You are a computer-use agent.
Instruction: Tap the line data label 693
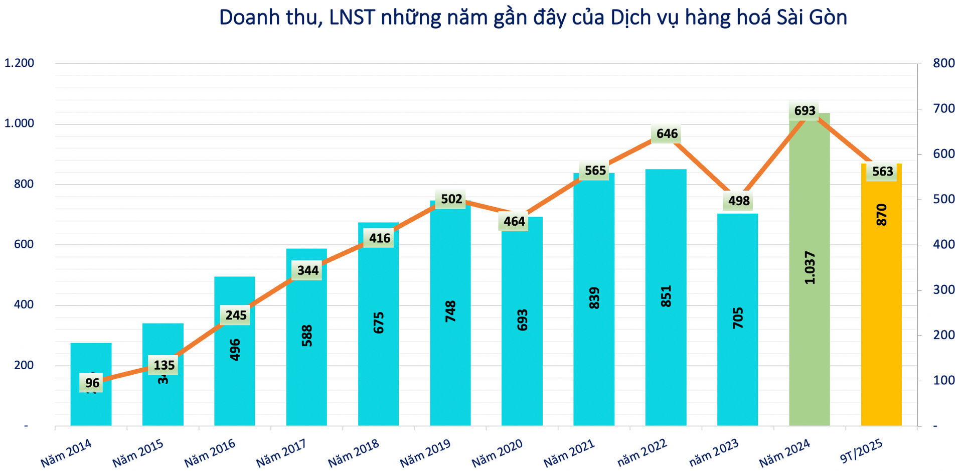tap(805, 110)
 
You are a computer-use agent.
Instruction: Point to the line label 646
tap(667, 134)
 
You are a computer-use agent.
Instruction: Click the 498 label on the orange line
tap(738, 201)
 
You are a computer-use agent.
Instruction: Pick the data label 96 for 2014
tap(92, 383)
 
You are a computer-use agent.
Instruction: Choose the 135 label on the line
tap(164, 365)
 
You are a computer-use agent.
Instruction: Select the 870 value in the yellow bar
tap(881, 215)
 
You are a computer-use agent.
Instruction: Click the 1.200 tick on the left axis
tap(19, 63)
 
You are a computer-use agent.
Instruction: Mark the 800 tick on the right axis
tap(943, 63)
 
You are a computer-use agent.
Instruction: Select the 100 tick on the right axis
tap(943, 380)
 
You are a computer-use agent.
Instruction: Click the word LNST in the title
tap(352, 18)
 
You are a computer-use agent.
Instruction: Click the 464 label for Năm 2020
tap(514, 221)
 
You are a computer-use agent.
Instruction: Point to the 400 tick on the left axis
tap(24, 305)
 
